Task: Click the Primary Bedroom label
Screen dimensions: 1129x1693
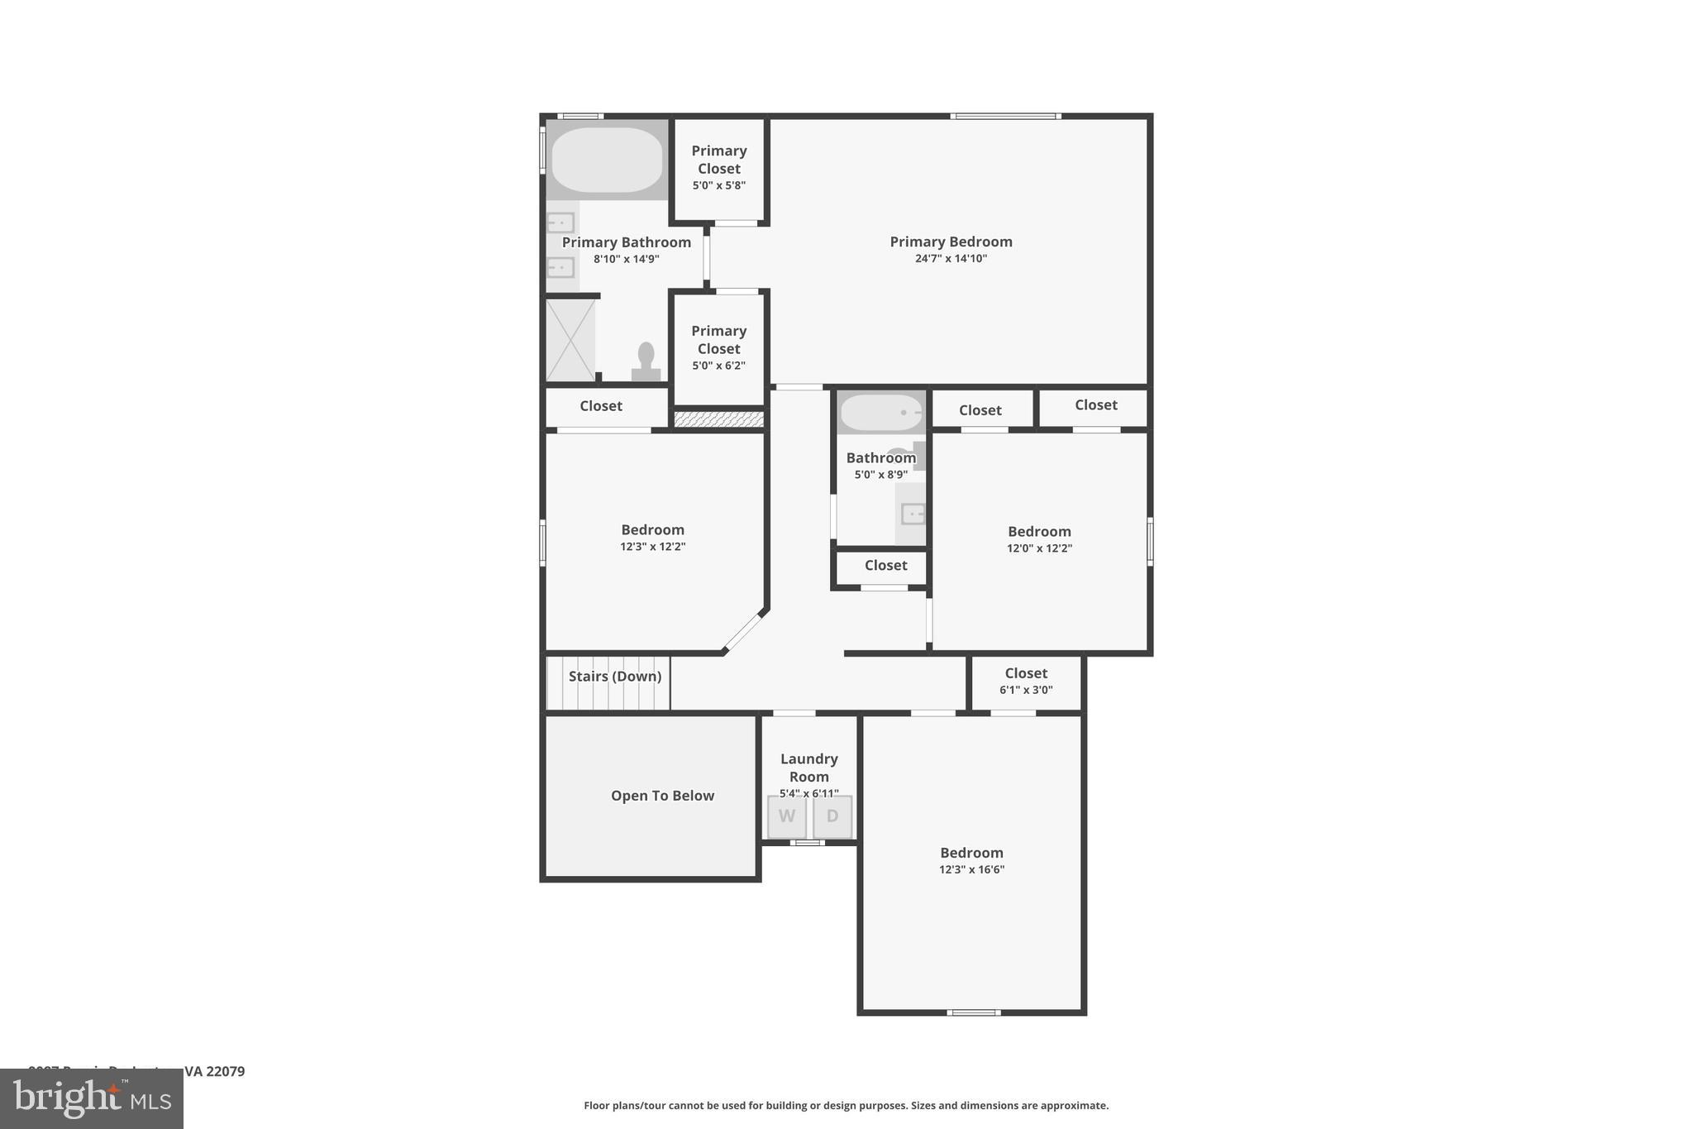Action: click(x=951, y=242)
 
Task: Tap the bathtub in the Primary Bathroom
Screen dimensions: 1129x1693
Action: click(x=607, y=160)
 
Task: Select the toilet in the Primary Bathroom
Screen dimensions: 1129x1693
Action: click(x=646, y=362)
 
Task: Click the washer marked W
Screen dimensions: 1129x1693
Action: click(x=786, y=816)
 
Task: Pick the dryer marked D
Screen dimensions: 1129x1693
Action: click(x=832, y=816)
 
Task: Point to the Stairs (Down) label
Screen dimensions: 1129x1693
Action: click(x=615, y=677)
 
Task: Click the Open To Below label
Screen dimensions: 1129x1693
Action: click(x=662, y=796)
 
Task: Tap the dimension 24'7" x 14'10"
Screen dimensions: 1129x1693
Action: click(x=951, y=259)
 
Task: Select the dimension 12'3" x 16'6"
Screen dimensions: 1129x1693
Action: click(x=971, y=869)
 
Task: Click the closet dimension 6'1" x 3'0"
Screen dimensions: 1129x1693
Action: click(x=1026, y=690)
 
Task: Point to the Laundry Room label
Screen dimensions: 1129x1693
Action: click(x=808, y=768)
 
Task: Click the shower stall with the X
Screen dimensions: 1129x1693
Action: click(x=570, y=340)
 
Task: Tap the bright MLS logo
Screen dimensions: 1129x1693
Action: click(x=92, y=1099)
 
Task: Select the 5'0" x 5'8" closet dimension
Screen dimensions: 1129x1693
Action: click(x=718, y=185)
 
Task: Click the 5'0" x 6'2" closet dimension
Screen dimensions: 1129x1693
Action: click(x=718, y=366)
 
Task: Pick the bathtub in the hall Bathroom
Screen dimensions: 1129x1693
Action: click(x=881, y=412)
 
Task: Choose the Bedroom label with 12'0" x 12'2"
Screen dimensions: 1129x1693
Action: click(x=1039, y=532)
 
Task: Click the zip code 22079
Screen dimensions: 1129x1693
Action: click(x=225, y=1071)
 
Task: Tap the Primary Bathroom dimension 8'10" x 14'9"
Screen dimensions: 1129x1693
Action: click(x=626, y=259)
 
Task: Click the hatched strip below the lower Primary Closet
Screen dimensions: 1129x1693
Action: click(x=718, y=419)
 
